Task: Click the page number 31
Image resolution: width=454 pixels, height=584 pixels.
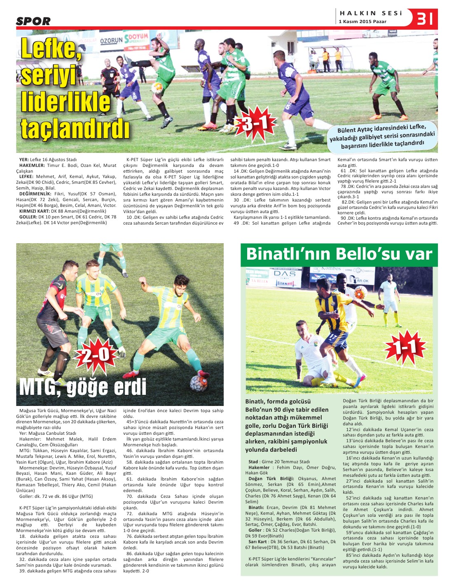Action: (x=426, y=19)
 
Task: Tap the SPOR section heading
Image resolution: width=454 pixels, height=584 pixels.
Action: (x=33, y=21)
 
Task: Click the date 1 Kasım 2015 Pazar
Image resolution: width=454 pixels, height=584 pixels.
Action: (x=363, y=21)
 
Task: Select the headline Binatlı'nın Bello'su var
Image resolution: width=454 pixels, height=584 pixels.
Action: (x=339, y=254)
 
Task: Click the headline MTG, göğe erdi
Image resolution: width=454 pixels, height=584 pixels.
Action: (x=83, y=387)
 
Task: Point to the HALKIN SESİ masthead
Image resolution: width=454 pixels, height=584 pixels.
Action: (x=370, y=13)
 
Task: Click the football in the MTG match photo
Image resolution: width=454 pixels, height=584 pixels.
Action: (x=199, y=383)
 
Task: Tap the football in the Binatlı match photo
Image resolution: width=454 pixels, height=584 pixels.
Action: (x=360, y=292)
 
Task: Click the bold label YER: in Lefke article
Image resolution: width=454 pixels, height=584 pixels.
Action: (x=24, y=159)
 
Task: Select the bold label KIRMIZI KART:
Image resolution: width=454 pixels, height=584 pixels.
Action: (x=35, y=211)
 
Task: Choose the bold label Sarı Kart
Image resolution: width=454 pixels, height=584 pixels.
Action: (x=257, y=542)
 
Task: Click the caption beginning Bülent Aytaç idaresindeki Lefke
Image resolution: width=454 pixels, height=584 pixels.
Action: (x=382, y=136)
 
